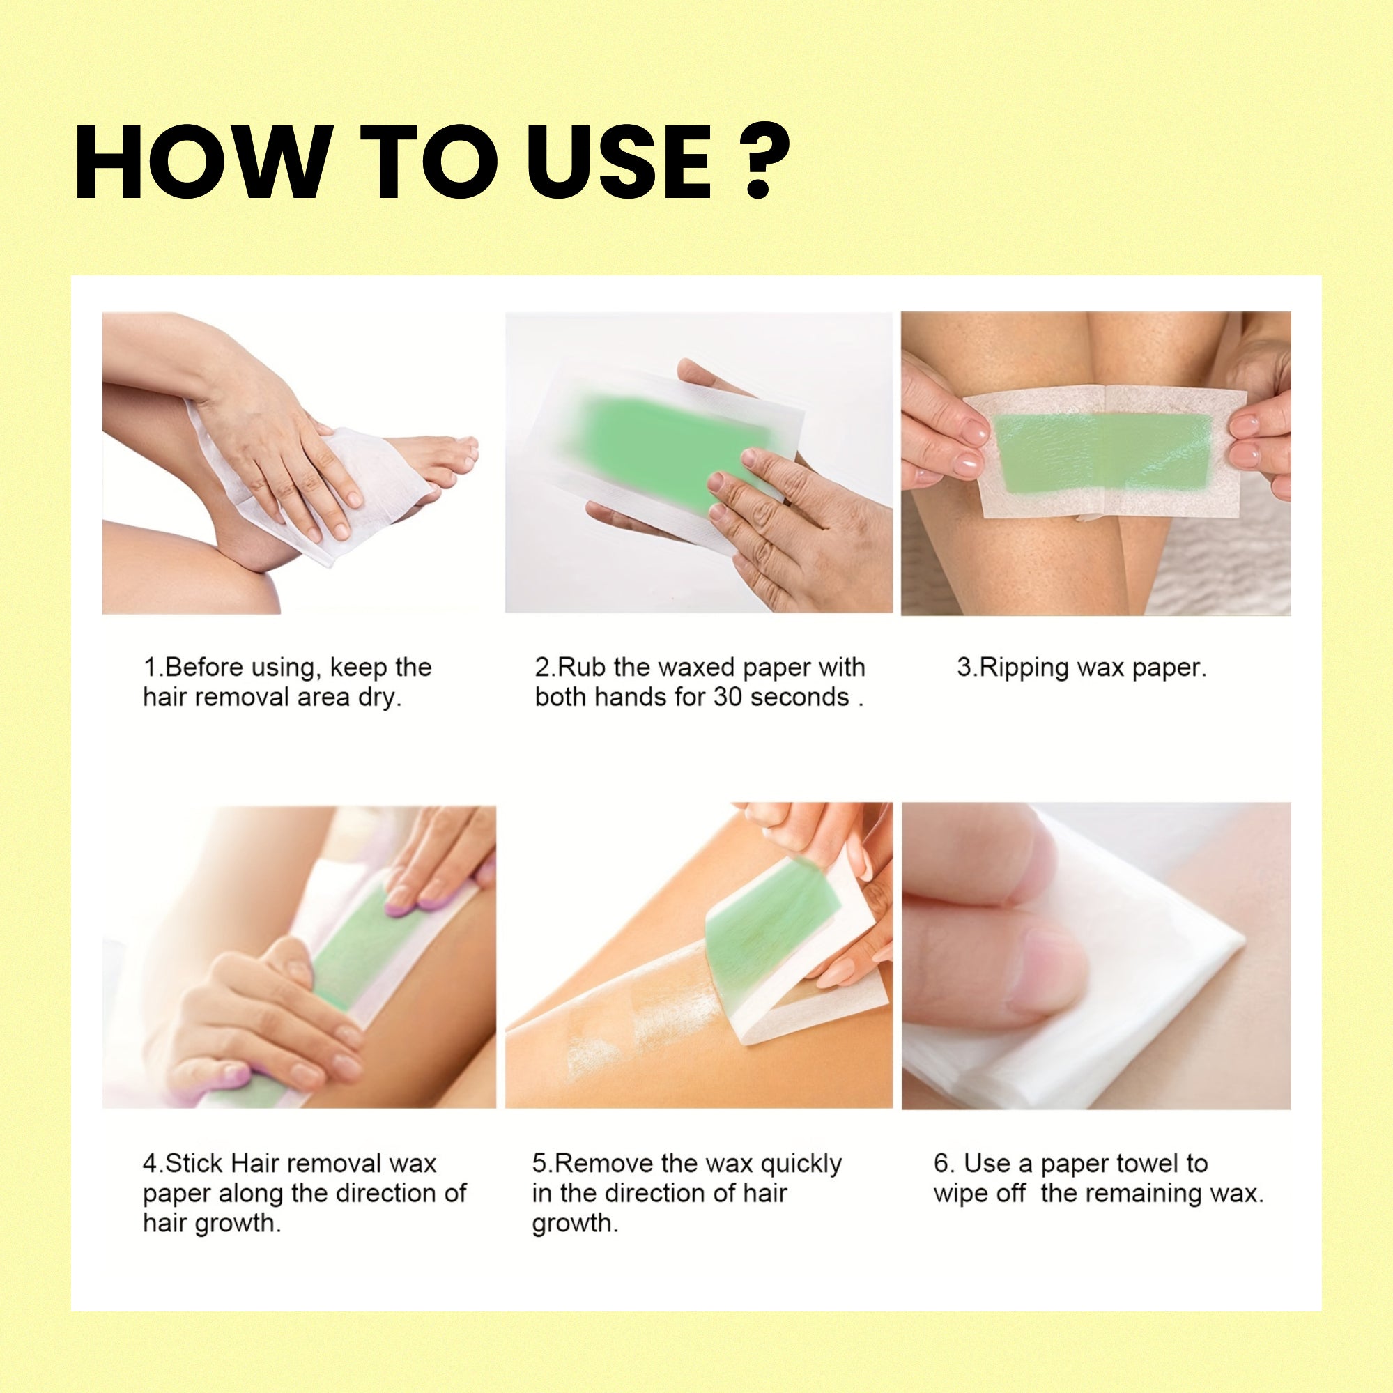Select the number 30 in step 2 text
(729, 698)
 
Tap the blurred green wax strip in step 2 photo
(649, 447)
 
